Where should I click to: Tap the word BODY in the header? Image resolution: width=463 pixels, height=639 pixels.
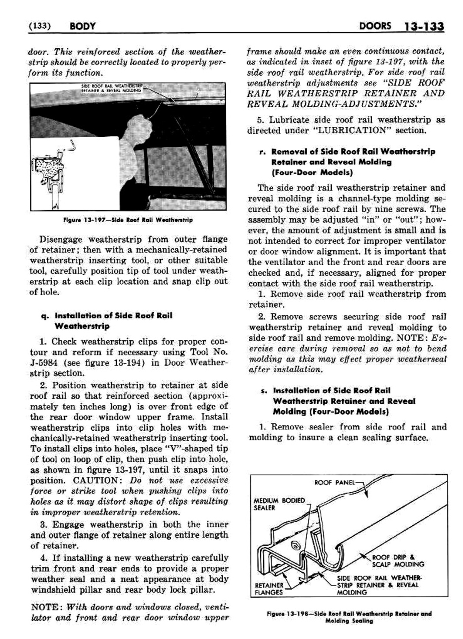pyautogui.click(x=82, y=27)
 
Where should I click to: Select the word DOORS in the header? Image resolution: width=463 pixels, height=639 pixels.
pyautogui.click(x=375, y=26)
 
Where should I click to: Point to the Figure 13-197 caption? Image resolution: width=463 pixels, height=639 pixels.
pyautogui.click(x=128, y=220)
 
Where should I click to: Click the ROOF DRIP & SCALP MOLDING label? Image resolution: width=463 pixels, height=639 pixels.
pyautogui.click(x=397, y=560)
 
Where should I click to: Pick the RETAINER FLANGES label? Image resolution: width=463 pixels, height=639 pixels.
pyautogui.click(x=269, y=588)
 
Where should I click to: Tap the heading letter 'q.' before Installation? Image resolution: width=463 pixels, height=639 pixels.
pyautogui.click(x=44, y=316)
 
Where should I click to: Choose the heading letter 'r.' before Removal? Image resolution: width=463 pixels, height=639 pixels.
pyautogui.click(x=263, y=152)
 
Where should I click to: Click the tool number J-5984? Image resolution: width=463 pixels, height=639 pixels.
pyautogui.click(x=45, y=363)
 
